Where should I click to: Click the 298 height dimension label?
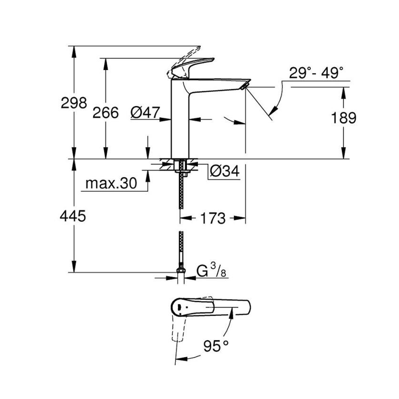tap(74, 103)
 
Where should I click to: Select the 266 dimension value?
tap(106, 112)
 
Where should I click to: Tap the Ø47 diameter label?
tap(145, 112)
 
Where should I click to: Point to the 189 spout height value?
tap(343, 118)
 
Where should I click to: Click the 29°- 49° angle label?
tap(316, 73)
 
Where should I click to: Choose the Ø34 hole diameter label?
tap(224, 172)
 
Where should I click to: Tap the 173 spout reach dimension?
tap(213, 218)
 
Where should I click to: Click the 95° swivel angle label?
tap(218, 345)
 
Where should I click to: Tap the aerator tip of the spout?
tap(244, 85)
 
